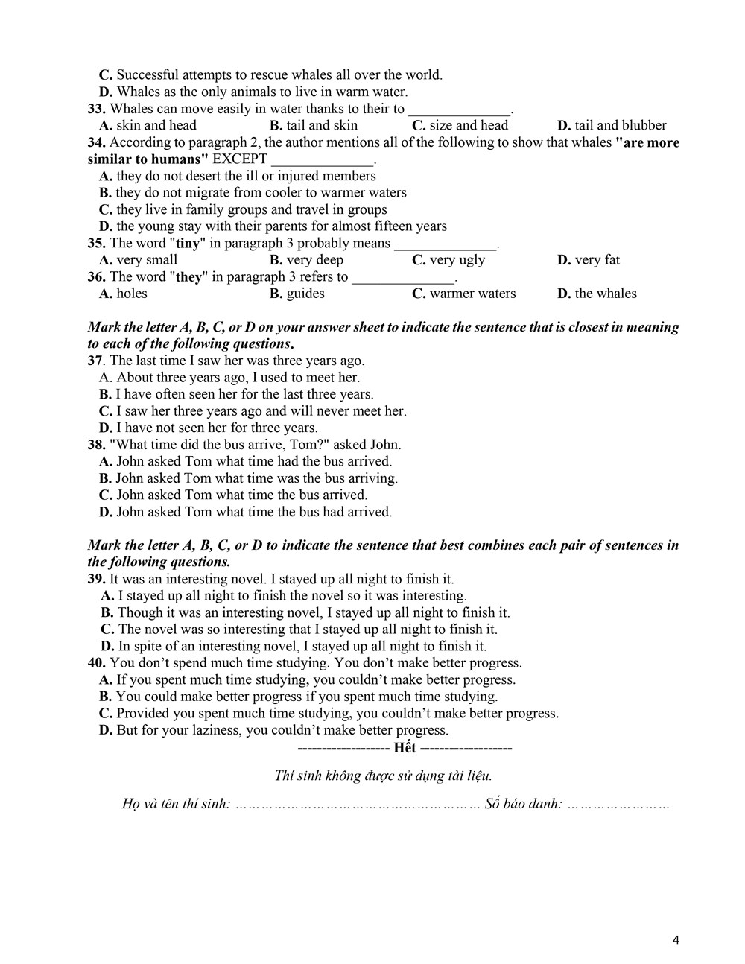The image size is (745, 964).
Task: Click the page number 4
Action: coord(676,940)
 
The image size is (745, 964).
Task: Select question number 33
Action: coord(96,109)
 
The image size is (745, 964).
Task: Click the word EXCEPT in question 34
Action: coord(240,159)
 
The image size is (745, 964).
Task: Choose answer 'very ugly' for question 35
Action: coord(457,260)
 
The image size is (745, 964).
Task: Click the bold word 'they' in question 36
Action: coord(189,277)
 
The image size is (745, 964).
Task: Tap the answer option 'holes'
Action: coord(132,294)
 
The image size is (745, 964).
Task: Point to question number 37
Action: coord(95,361)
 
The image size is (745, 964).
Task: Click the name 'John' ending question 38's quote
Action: coord(385,445)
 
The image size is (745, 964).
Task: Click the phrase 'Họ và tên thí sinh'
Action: coord(175,805)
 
